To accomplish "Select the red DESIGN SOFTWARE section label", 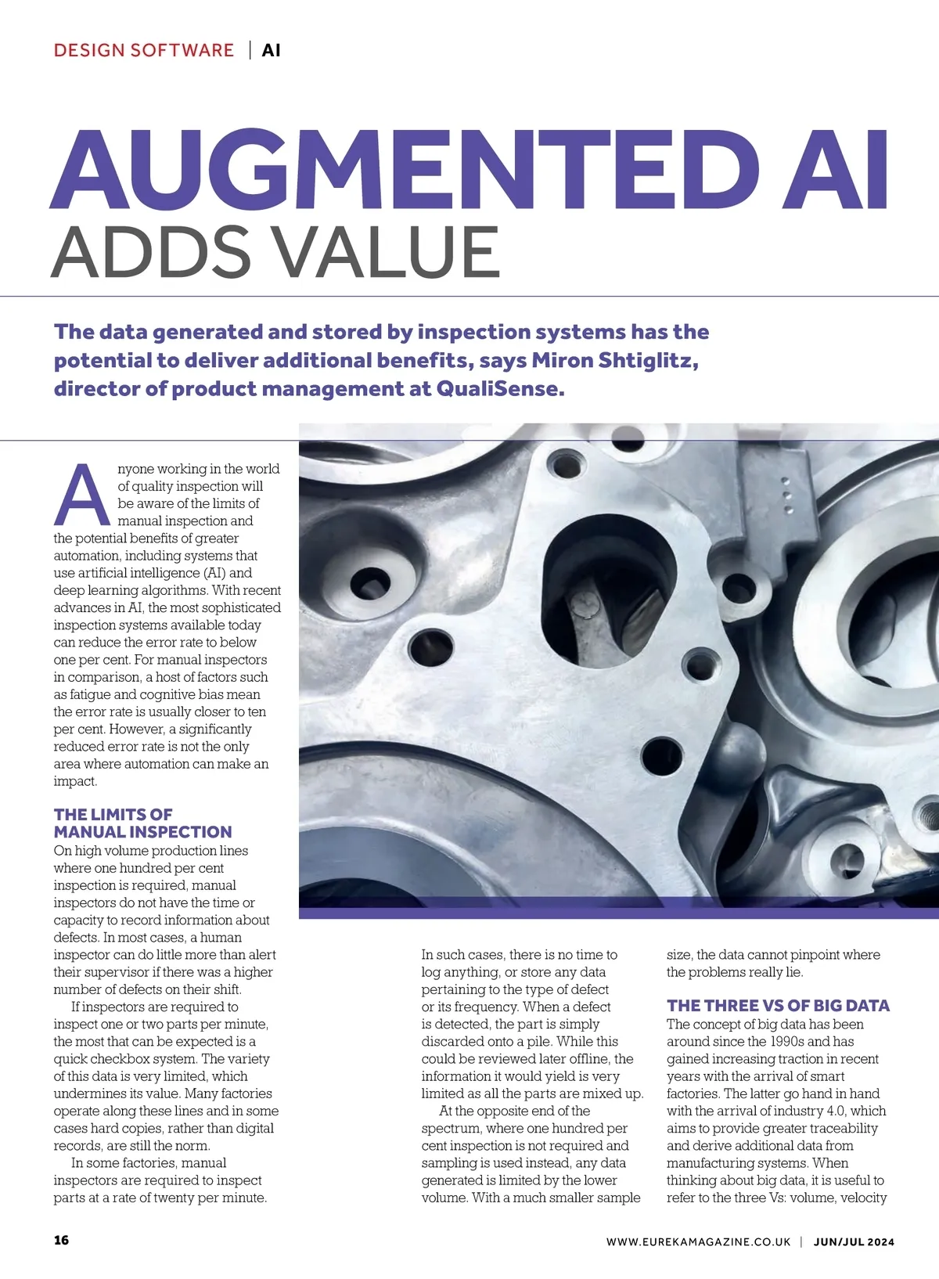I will (x=144, y=51).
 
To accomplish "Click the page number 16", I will (x=61, y=1240).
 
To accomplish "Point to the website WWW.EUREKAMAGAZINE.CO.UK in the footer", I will (x=698, y=1241).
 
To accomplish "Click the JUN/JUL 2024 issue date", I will (x=854, y=1241).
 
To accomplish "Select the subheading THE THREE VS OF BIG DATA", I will (x=778, y=1006).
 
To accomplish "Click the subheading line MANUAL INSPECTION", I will (x=143, y=832).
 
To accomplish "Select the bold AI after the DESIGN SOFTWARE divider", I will (x=271, y=51).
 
